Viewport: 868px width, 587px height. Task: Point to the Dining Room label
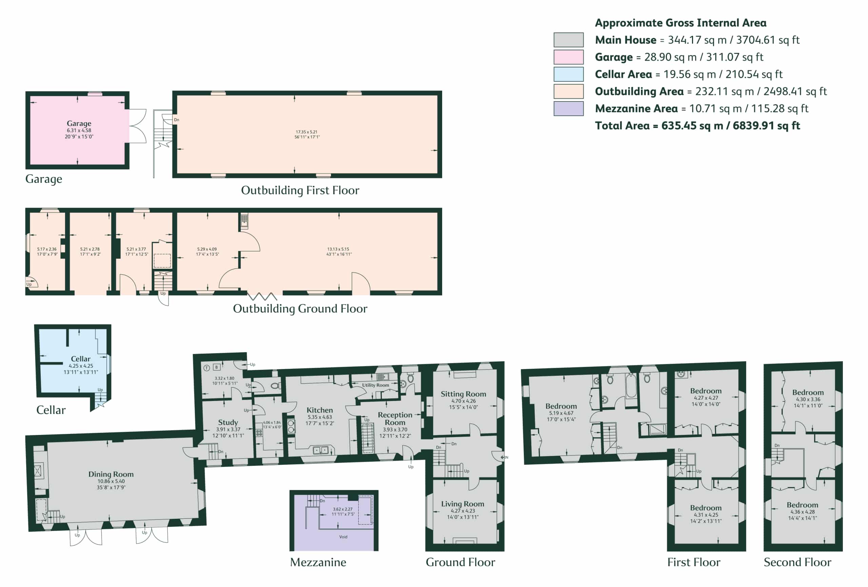point(111,474)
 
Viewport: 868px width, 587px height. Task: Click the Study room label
point(228,422)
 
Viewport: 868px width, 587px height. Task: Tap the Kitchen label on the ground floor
point(319,410)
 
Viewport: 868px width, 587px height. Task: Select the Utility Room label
point(375,385)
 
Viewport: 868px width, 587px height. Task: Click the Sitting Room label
point(463,394)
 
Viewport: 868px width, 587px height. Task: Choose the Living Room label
point(462,504)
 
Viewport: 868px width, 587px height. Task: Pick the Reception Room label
point(395,419)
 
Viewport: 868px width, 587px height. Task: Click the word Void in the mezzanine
point(343,537)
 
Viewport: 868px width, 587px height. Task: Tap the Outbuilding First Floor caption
point(300,190)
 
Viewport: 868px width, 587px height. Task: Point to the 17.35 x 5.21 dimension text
point(306,132)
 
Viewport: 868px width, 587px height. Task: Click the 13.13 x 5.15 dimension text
point(338,249)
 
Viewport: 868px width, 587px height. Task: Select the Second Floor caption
point(797,562)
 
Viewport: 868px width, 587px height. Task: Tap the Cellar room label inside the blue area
point(81,359)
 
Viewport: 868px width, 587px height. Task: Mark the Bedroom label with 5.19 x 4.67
point(561,406)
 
